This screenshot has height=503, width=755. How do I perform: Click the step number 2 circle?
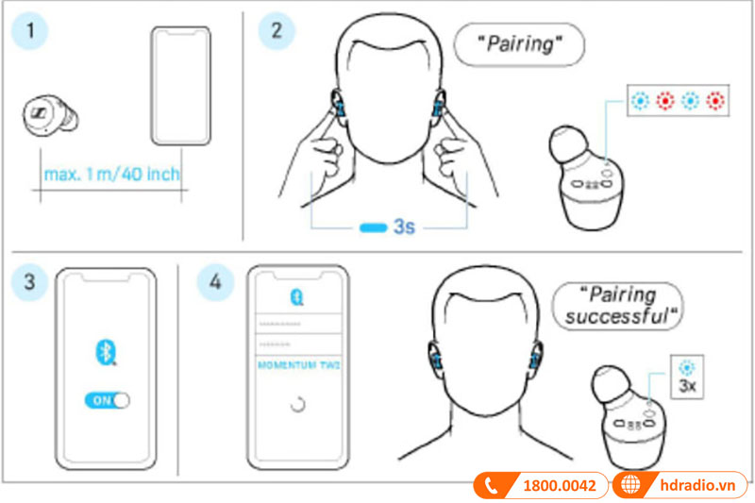(x=276, y=28)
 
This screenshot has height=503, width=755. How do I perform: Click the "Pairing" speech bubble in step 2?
(x=519, y=42)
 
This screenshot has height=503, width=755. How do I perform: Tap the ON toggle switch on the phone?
(x=107, y=400)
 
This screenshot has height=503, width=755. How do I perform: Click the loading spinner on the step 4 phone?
(x=297, y=405)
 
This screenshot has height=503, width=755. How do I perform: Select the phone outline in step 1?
(x=180, y=85)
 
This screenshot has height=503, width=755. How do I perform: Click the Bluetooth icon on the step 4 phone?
(x=296, y=295)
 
